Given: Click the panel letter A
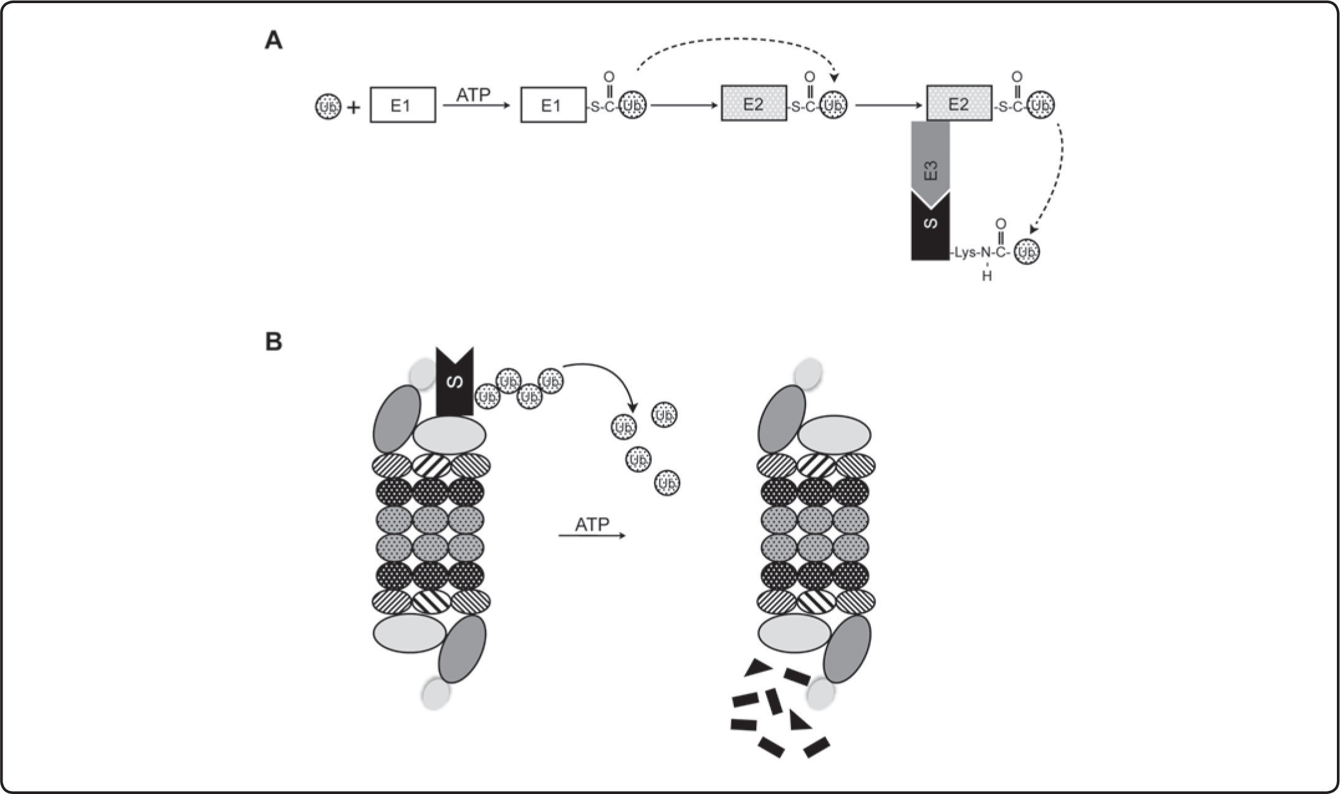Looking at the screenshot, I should pyautogui.click(x=274, y=42).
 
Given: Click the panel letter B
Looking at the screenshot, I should pyautogui.click(x=274, y=342).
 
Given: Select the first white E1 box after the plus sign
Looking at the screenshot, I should pyautogui.click(x=403, y=105).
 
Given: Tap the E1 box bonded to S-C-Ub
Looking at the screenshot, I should pyautogui.click(x=553, y=105).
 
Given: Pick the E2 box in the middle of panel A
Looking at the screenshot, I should pyautogui.click(x=754, y=104).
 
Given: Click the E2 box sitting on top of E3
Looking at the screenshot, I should pyautogui.click(x=959, y=104).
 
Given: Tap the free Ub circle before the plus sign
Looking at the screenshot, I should pyautogui.click(x=328, y=107).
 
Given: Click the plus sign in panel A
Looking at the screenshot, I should pyautogui.click(x=354, y=108).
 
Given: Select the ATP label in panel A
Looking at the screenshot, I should pyautogui.click(x=474, y=95).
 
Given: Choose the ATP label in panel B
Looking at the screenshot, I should pyautogui.click(x=592, y=525).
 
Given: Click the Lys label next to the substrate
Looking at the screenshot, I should pyautogui.click(x=965, y=253).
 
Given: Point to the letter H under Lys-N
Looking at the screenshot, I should pyautogui.click(x=986, y=276).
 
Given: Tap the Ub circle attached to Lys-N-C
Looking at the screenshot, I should pyautogui.click(x=1027, y=252).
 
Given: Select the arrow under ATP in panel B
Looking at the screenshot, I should pyautogui.click(x=592, y=535).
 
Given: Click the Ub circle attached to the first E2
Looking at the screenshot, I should pyautogui.click(x=834, y=106).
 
